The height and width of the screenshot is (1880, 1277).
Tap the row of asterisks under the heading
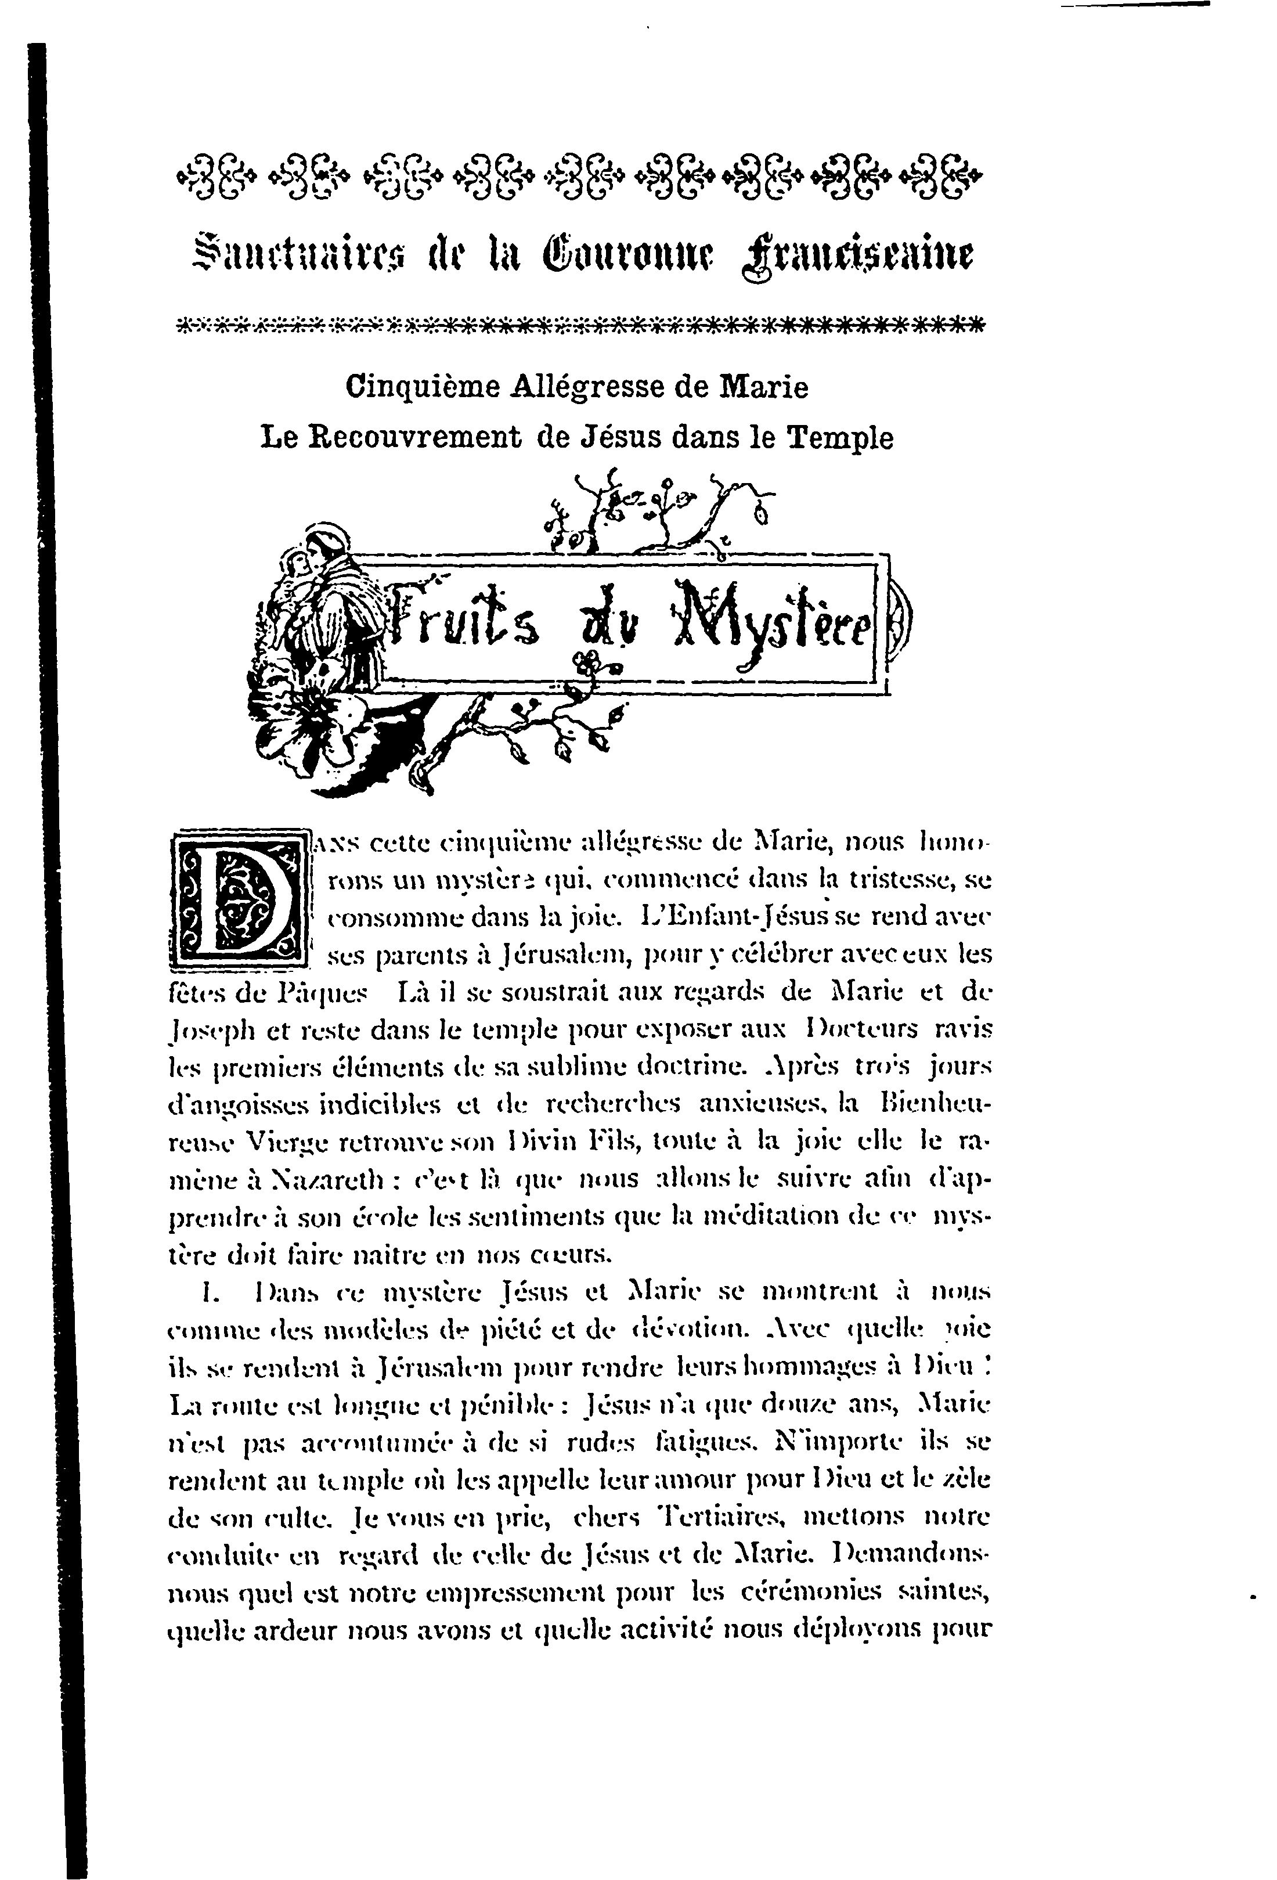point(580,326)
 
